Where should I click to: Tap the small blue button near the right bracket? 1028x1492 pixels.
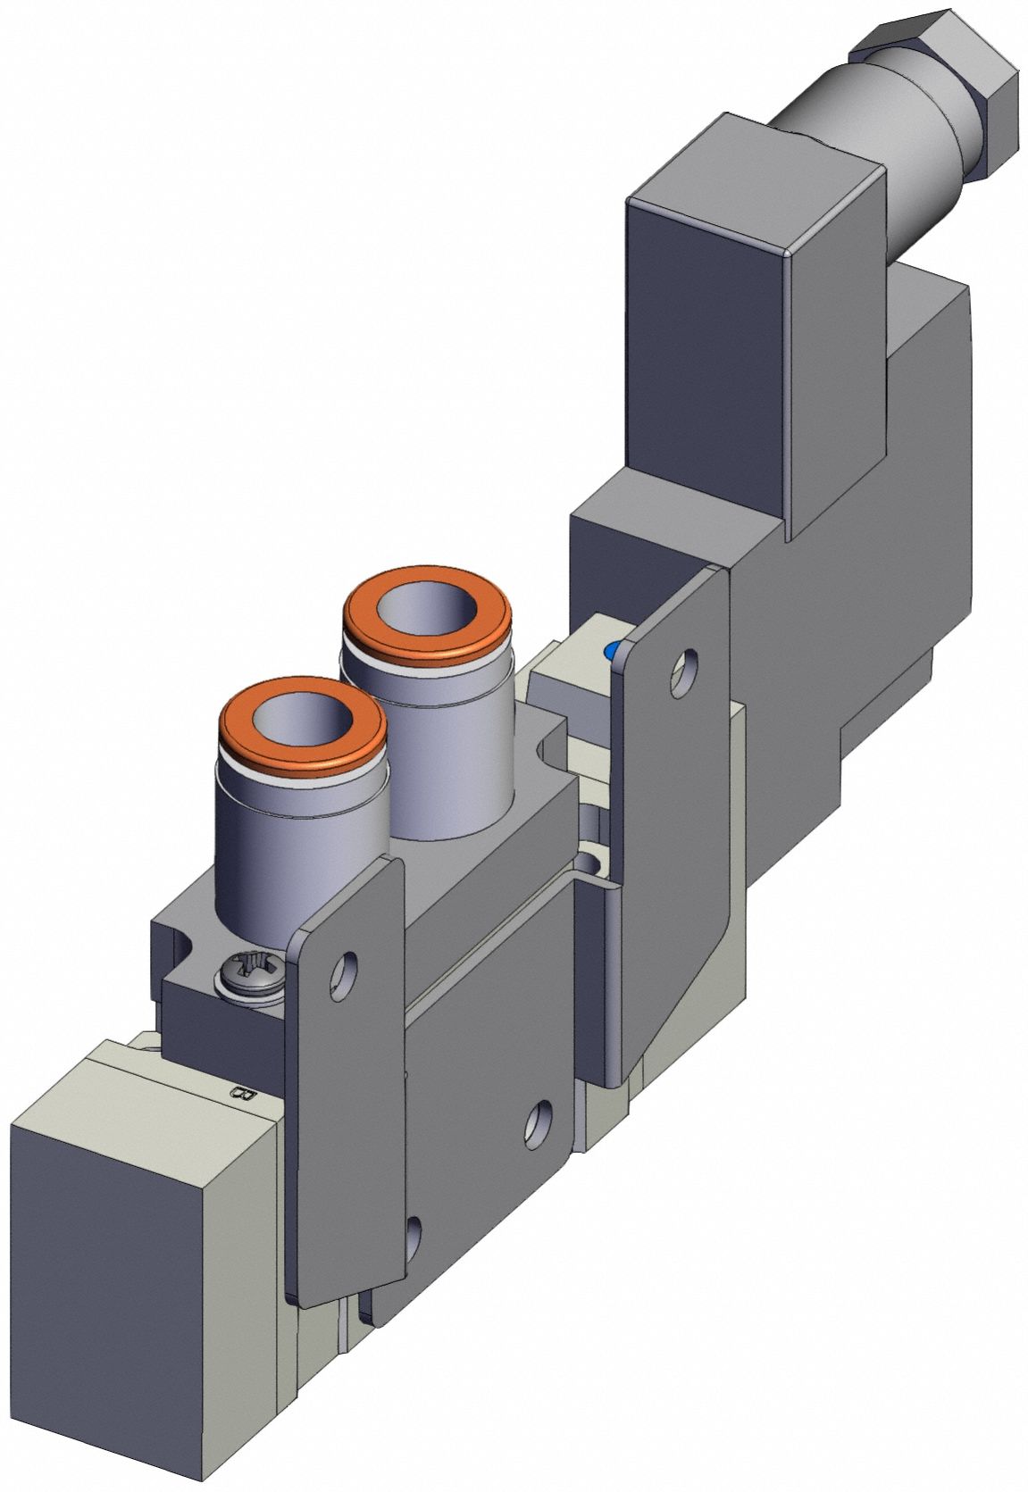point(613,651)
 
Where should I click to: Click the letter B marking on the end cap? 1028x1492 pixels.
point(241,1095)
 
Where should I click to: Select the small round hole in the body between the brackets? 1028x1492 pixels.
point(589,862)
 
